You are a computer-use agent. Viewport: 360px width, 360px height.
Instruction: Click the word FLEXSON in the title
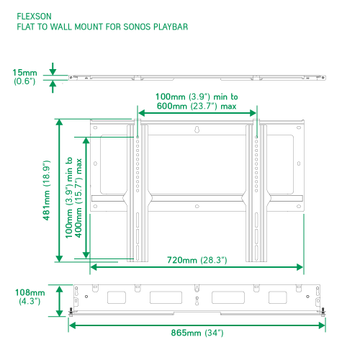[34, 17]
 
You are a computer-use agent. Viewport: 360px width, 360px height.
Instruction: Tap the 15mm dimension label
[24, 73]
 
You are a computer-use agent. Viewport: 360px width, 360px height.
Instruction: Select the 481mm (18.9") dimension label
[46, 190]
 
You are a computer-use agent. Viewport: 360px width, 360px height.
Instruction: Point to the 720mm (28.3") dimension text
[197, 260]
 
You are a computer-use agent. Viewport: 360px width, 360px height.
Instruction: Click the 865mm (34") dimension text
[197, 333]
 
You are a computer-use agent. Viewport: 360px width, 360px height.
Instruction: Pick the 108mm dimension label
[30, 292]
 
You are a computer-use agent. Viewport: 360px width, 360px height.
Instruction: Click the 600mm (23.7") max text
[197, 106]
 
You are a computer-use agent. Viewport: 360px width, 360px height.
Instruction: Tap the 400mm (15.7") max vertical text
[78, 198]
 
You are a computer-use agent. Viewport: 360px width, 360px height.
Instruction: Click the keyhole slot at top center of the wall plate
[197, 130]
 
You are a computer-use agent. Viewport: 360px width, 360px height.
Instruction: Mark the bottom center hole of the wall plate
[197, 206]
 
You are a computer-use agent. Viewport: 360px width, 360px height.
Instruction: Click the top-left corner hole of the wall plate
[95, 127]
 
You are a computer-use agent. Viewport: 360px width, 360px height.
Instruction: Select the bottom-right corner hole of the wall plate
[299, 206]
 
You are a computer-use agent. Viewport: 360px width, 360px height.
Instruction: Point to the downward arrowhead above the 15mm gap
[53, 71]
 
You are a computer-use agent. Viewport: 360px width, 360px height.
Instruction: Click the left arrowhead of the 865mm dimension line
[72, 325]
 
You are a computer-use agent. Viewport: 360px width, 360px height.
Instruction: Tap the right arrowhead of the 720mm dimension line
[300, 267]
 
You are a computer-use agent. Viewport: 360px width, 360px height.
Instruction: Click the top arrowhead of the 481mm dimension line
[59, 122]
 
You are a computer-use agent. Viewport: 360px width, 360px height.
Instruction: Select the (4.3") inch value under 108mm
[30, 301]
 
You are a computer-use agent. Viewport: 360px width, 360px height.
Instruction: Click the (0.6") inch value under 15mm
[24, 81]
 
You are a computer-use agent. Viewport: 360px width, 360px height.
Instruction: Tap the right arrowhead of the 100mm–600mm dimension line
[253, 113]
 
